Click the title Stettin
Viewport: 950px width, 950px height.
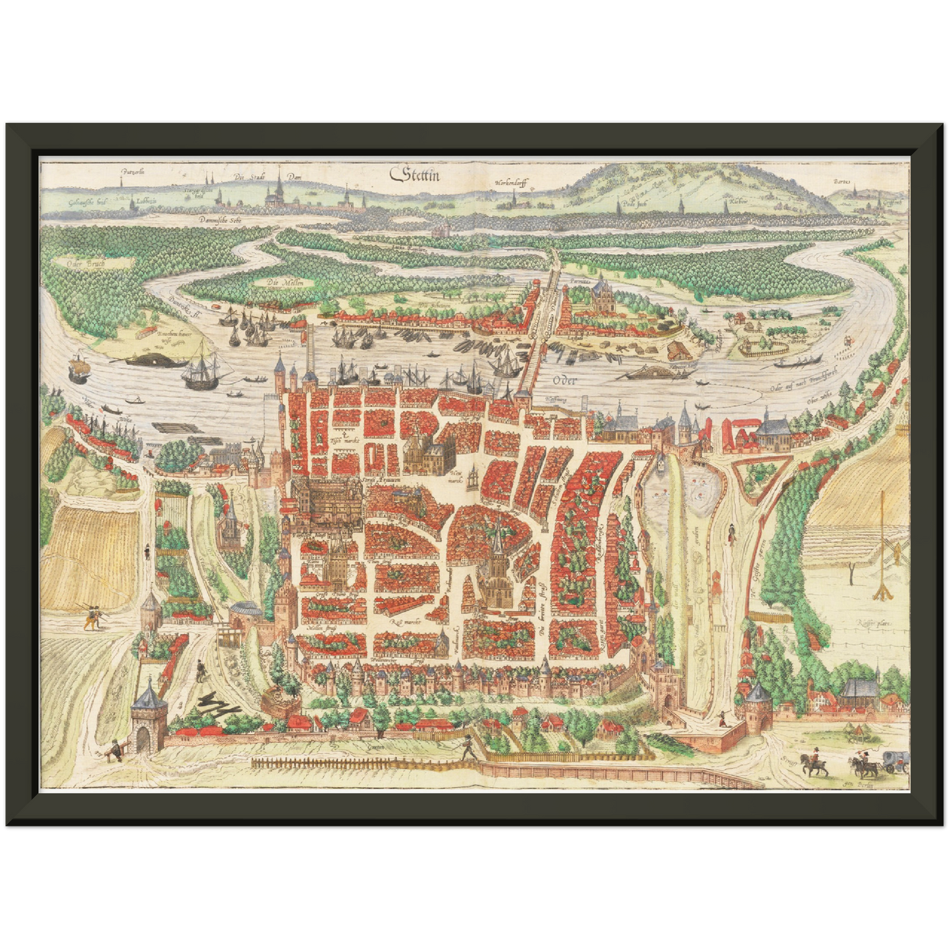416,175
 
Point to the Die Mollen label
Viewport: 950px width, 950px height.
281,283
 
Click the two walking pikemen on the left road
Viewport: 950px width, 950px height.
92,617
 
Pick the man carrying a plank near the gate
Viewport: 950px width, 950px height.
114,749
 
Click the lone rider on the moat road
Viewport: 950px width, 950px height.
730,533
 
